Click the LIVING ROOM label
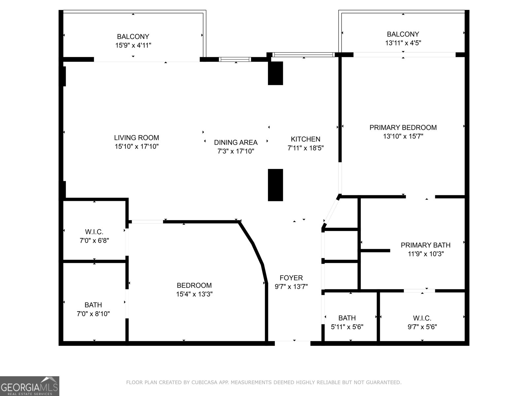pos(136,138)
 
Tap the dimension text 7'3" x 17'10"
pos(236,151)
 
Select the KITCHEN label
pos(305,139)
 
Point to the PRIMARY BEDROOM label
pos(403,127)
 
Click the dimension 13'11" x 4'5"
pos(403,43)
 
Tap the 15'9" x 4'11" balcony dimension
pos(133,45)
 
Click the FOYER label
pos(291,278)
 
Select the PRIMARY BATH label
pos(425,245)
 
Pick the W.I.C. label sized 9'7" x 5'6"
pos(422,318)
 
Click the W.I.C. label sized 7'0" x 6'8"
pos(94,232)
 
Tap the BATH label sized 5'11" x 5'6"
pos(347,318)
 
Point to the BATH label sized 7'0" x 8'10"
pos(93,305)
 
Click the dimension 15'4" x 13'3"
pos(194,294)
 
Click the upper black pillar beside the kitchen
pos(275,73)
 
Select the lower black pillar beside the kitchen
pos(275,185)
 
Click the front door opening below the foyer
pos(292,343)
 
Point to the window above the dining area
pos(235,59)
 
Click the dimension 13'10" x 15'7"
pos(403,136)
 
